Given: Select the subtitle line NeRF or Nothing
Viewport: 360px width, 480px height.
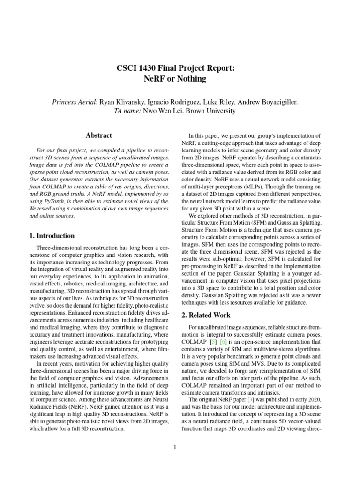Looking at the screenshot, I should click(x=174, y=79).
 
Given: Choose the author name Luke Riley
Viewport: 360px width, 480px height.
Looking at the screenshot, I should click(x=228, y=102).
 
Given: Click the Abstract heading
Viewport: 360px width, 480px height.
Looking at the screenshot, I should click(x=98, y=135).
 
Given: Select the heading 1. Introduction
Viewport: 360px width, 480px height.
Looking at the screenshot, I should click(x=50, y=236).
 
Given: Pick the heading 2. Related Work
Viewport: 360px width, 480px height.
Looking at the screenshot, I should click(x=205, y=315).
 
